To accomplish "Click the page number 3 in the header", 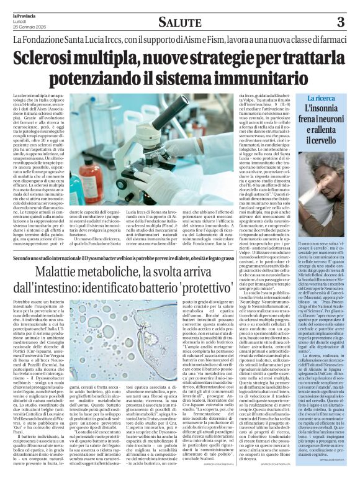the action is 340,22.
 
